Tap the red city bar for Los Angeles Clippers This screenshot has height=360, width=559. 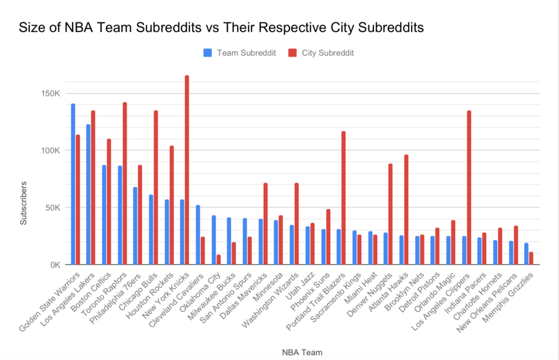(x=469, y=188)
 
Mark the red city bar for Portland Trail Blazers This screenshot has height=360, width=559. (x=343, y=198)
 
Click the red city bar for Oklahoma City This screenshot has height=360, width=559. (x=218, y=260)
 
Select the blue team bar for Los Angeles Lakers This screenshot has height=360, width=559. (x=88, y=194)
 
